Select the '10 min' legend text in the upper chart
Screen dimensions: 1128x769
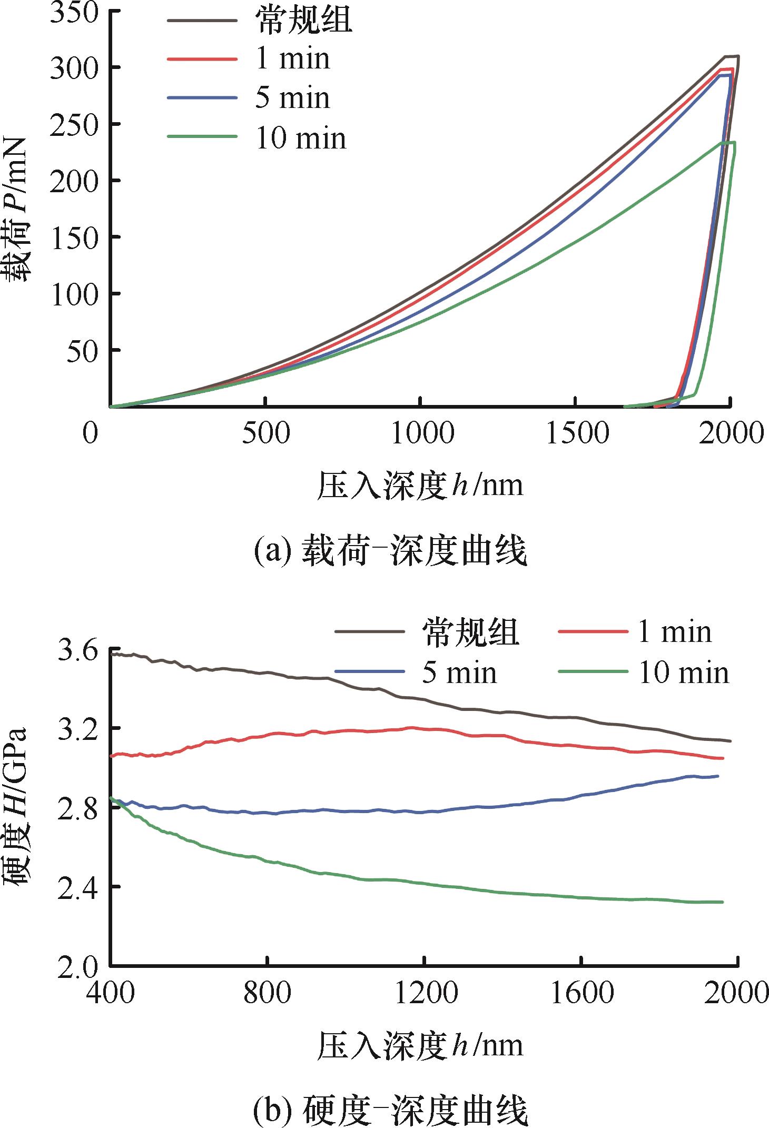301,138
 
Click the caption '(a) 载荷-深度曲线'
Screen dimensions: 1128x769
390,552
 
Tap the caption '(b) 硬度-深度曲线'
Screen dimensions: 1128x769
390,1111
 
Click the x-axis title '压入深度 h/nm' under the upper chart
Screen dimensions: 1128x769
420,485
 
